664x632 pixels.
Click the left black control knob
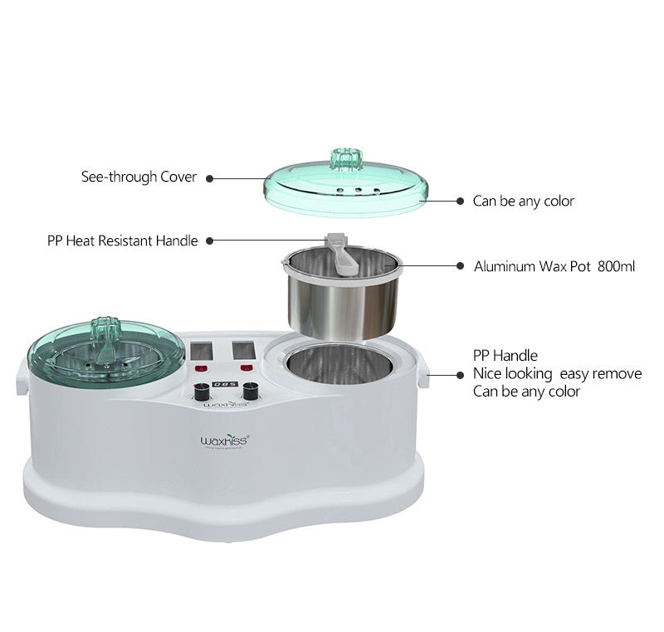pos(201,393)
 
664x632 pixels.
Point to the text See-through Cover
pos(139,177)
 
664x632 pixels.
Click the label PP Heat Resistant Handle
pos(122,241)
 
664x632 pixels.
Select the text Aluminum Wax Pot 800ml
pos(554,266)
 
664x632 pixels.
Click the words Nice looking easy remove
pos(557,373)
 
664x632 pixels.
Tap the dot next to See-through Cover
pos(209,177)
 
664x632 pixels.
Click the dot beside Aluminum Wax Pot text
pos(460,266)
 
